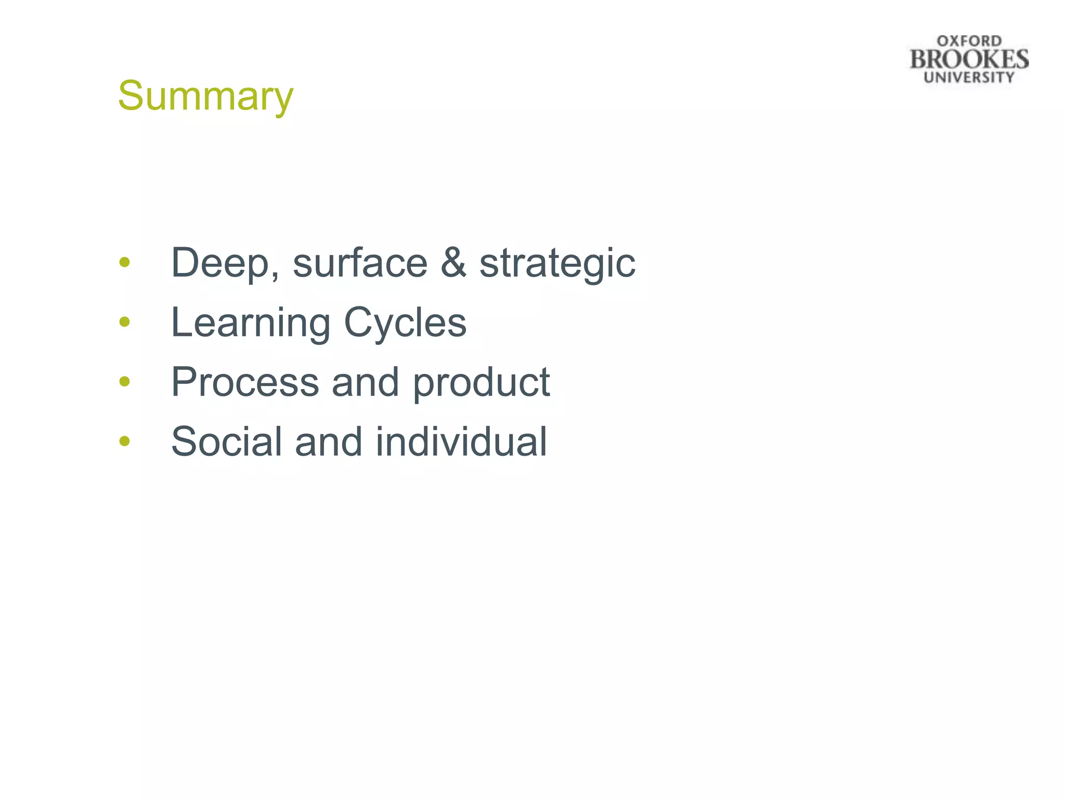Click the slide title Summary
tap(205, 96)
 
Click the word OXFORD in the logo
tap(969, 41)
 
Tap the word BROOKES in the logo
tap(969, 59)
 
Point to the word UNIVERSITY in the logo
tap(969, 78)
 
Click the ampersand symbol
tap(453, 263)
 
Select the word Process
tap(245, 382)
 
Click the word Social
tap(226, 442)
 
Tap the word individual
tap(461, 442)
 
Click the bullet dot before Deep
tap(124, 262)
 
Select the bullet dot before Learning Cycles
tap(124, 322)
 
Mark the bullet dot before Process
tap(124, 381)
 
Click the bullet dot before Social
tap(124, 441)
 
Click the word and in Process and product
tap(366, 382)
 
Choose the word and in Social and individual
tap(328, 442)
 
